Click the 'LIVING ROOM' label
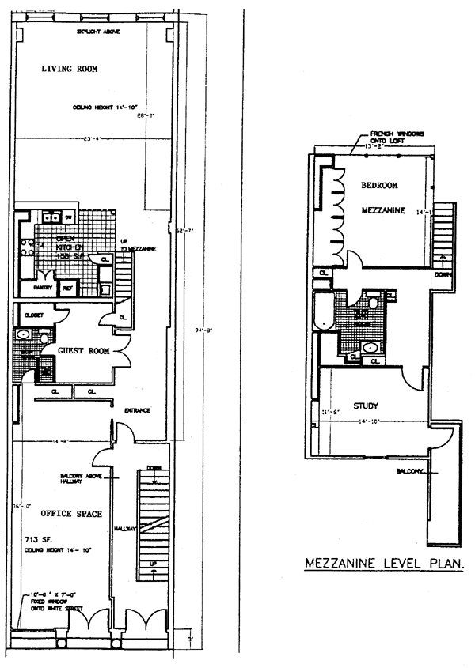point(70,70)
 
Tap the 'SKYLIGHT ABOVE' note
point(98,32)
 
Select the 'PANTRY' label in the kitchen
point(43,288)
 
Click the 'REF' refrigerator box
point(68,289)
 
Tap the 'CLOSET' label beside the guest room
point(34,315)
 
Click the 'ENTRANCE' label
point(138,410)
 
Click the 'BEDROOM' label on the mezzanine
point(379,186)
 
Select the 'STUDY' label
point(366,406)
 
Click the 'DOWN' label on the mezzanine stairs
point(444,276)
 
